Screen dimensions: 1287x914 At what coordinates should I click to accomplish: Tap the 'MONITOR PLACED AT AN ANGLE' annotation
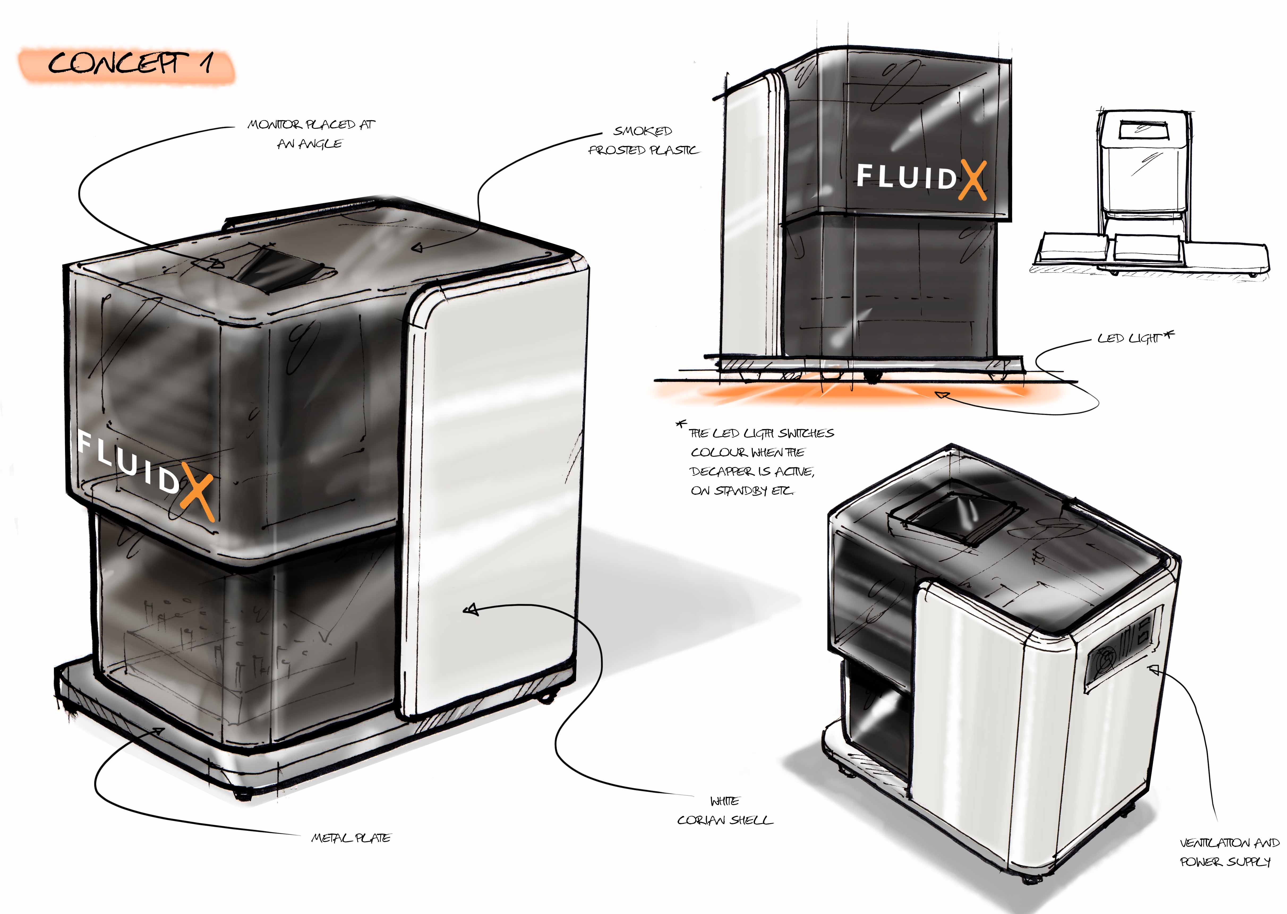point(311,134)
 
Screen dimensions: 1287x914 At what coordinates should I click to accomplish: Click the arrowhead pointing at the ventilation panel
point(1154,669)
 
